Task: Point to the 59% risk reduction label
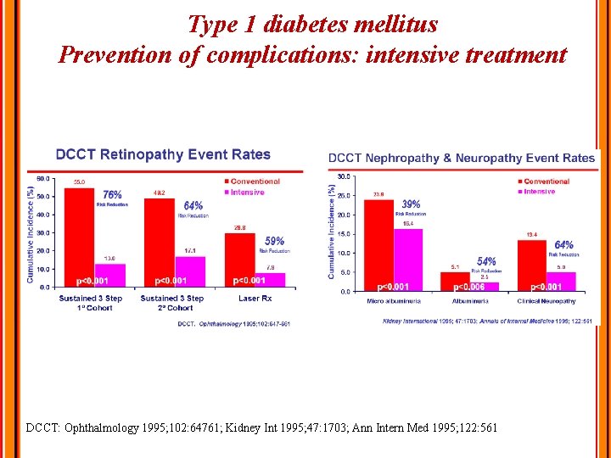[x=274, y=242]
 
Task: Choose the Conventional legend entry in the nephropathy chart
[x=546, y=182]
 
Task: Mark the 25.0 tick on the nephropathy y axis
[x=343, y=196]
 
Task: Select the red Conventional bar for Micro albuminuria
[x=379, y=245]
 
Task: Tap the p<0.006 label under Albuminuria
[x=466, y=287]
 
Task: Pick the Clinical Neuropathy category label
[x=546, y=301]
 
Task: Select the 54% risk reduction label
[x=486, y=262]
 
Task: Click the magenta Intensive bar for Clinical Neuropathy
[x=561, y=281]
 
